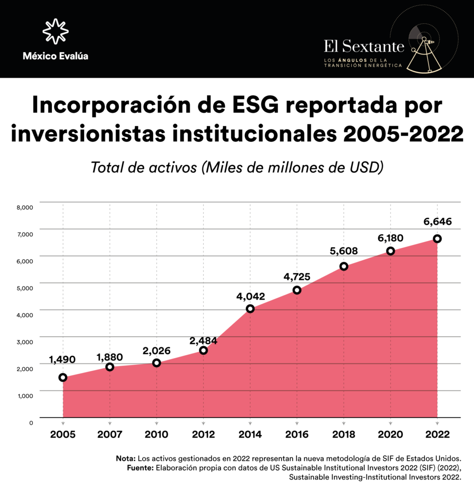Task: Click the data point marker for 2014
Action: pos(250,309)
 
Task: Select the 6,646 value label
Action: pos(437,222)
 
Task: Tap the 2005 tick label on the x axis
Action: pos(63,435)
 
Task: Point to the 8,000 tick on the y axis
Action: pos(24,207)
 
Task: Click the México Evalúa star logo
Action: pos(55,32)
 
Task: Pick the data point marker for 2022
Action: pos(437,239)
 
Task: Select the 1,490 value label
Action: pos(62,360)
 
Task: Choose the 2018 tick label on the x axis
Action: pos(343,435)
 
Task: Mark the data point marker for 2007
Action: pos(110,367)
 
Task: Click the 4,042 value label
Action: pos(250,296)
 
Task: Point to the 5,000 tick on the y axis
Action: pos(24,288)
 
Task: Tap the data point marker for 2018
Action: pos(344,266)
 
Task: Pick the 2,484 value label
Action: pos(203,341)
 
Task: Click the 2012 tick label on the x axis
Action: pos(203,435)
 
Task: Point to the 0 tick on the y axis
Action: pos(31,423)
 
